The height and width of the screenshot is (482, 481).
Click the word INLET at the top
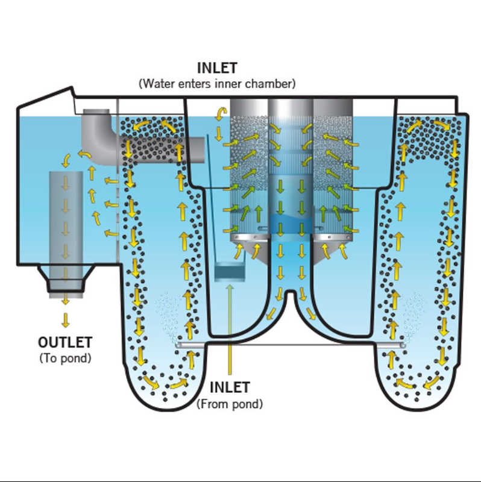217,68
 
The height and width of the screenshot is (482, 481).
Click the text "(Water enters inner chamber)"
217,83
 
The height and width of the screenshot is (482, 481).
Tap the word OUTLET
65,343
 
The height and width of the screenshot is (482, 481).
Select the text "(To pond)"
65,358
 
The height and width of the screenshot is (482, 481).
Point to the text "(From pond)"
230,404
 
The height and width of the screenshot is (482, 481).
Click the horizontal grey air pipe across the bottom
289,345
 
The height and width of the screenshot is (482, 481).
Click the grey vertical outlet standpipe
65,217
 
